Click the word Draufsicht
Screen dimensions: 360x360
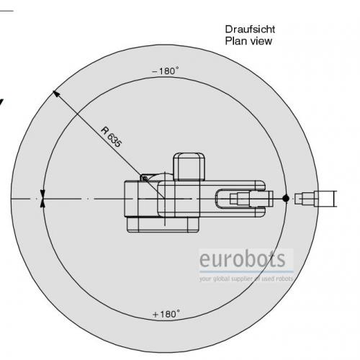[250, 30]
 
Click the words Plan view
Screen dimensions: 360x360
[248, 41]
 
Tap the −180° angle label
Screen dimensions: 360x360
[166, 71]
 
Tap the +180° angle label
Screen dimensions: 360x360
[166, 314]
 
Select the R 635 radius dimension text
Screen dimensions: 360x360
[112, 137]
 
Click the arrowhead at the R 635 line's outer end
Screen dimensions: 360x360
[56, 94]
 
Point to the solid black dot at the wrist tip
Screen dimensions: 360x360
[286, 199]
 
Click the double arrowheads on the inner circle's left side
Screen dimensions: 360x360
[42, 198]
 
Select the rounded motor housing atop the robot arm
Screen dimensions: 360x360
[189, 167]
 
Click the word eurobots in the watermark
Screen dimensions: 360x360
[243, 259]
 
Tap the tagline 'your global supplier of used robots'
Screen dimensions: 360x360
[246, 279]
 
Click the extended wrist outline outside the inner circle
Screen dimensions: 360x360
[316, 199]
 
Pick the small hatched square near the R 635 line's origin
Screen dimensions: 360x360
[145, 179]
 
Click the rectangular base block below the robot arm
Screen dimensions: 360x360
[163, 225]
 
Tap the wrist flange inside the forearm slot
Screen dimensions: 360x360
[251, 199]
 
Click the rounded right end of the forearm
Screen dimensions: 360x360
[261, 199]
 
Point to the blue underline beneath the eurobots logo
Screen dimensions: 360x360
[246, 271]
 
